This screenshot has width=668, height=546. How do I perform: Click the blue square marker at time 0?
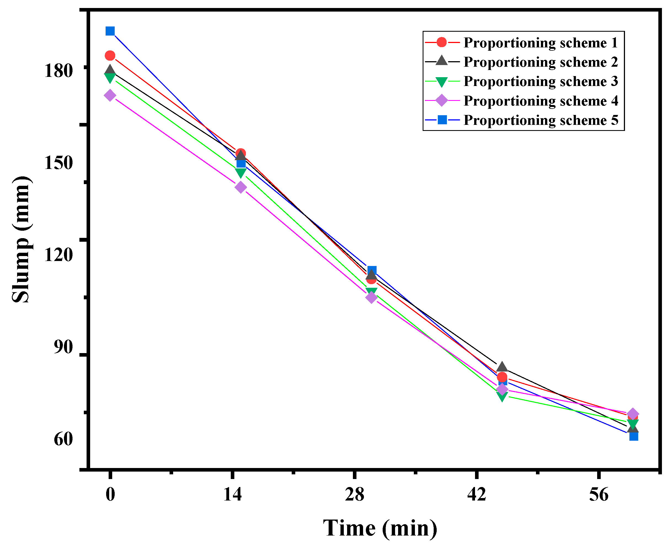click(110, 31)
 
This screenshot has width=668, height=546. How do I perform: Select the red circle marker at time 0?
click(110, 56)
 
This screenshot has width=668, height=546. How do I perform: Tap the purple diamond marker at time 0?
click(109, 95)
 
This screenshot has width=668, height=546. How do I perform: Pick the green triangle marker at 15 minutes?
click(241, 173)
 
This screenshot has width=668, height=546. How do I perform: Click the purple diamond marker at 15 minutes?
click(241, 187)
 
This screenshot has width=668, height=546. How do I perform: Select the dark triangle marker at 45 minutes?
click(502, 367)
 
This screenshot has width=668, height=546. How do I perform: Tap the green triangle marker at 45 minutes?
click(502, 397)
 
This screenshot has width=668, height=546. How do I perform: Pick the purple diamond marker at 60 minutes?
click(633, 414)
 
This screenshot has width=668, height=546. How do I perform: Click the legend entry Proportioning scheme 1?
click(540, 43)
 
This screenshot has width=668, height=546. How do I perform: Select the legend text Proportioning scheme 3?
click(540, 82)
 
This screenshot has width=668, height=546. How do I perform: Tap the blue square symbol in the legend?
click(442, 120)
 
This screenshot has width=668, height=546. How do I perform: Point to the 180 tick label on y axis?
click(58, 71)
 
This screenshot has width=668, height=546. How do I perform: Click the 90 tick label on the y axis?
click(63, 347)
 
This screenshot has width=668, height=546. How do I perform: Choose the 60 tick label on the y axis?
click(63, 439)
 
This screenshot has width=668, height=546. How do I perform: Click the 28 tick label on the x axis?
click(355, 494)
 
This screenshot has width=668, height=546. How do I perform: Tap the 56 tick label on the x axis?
click(599, 494)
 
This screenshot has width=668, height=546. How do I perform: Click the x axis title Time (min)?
click(380, 528)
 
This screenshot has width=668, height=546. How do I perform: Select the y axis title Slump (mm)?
click(22, 240)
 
